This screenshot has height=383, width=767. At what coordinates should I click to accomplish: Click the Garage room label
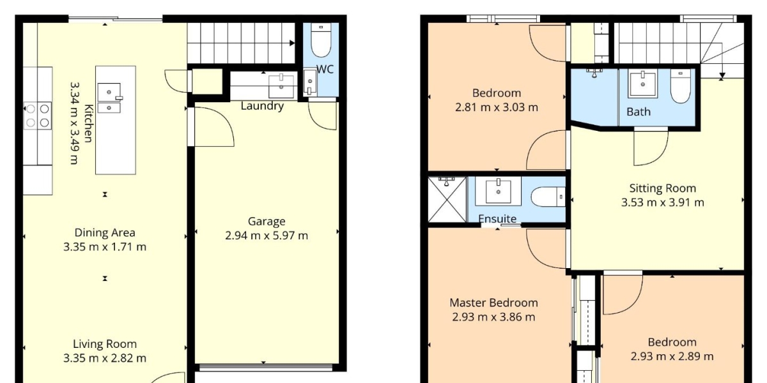click(x=267, y=222)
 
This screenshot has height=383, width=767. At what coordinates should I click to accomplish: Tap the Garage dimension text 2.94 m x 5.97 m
click(x=267, y=236)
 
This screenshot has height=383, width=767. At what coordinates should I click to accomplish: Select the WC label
click(x=325, y=70)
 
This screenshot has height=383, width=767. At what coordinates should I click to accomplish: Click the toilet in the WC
click(x=321, y=40)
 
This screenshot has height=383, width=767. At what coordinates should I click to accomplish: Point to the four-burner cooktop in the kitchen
click(x=38, y=116)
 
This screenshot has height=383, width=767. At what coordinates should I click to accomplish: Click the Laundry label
click(x=262, y=106)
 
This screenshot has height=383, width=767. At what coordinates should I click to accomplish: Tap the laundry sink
click(x=281, y=87)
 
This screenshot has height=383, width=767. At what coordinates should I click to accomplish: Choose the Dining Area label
click(x=105, y=233)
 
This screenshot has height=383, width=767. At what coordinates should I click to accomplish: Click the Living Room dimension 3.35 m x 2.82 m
click(x=105, y=358)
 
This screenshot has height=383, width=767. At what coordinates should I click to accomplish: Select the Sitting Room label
click(x=663, y=188)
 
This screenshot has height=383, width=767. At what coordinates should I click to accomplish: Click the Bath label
click(x=639, y=112)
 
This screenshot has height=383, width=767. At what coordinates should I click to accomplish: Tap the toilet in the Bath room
click(x=680, y=87)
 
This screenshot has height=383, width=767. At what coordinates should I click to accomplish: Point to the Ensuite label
click(x=497, y=219)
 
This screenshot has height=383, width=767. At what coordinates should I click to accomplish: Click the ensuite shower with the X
click(x=447, y=199)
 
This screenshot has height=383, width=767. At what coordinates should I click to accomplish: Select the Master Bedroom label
click(x=493, y=303)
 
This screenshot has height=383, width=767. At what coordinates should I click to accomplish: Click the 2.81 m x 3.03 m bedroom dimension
click(x=497, y=107)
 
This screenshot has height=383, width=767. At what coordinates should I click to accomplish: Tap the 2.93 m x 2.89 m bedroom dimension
click(x=672, y=357)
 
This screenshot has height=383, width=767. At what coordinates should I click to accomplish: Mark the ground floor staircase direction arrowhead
click(x=291, y=43)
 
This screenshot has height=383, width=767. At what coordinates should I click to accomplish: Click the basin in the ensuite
click(x=498, y=191)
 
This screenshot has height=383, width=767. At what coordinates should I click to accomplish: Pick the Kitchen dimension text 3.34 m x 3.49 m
click(x=75, y=123)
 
